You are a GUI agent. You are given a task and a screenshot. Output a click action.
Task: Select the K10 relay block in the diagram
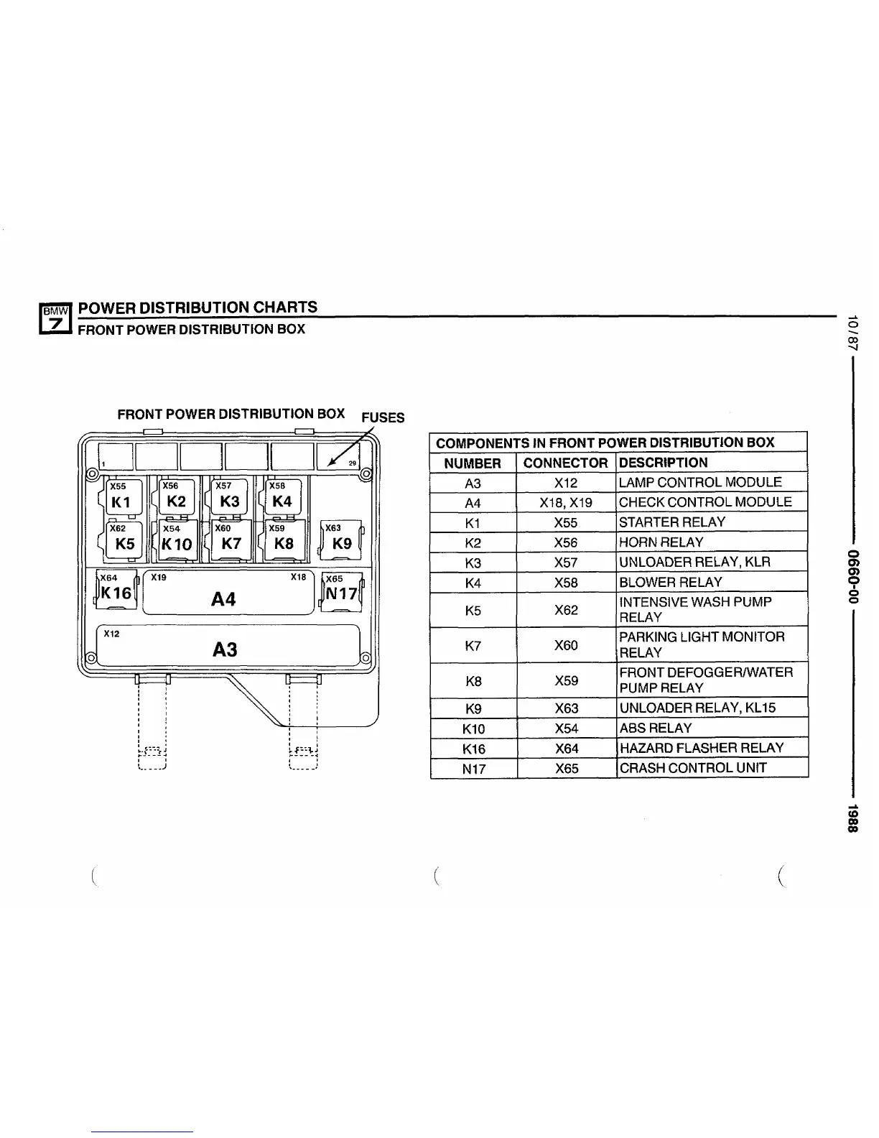[177, 543]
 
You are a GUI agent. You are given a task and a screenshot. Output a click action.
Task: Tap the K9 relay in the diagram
[342, 542]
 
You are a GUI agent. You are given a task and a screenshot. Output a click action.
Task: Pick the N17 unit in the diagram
[342, 593]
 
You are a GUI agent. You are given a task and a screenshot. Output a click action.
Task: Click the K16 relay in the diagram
[116, 593]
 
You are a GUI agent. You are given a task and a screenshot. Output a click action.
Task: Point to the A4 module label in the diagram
[223, 598]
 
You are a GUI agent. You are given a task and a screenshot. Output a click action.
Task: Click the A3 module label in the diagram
[225, 649]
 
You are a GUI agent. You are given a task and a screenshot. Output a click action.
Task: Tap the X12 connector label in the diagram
[112, 634]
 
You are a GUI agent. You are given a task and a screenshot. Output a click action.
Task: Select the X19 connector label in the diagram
[159, 577]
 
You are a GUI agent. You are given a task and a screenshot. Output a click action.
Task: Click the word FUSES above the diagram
[383, 417]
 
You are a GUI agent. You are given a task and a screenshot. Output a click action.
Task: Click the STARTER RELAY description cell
[672, 522]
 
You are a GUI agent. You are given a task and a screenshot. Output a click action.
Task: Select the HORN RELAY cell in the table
[661, 542]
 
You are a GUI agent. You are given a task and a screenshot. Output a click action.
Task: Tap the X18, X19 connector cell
[566, 503]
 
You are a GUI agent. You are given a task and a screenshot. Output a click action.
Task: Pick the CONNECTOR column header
[565, 463]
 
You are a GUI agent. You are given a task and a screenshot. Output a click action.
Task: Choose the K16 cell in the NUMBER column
[473, 749]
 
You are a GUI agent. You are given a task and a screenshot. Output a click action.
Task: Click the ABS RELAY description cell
[655, 728]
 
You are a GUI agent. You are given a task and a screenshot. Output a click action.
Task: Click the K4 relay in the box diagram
[282, 501]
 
